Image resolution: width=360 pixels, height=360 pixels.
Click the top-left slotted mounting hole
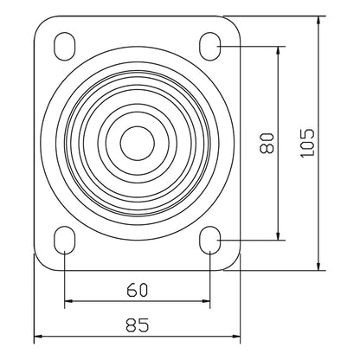(64, 43)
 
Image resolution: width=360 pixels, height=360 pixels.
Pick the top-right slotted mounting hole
(209, 43)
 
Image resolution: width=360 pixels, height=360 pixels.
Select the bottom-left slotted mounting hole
(64, 241)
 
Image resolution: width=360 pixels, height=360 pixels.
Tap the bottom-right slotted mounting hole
(209, 241)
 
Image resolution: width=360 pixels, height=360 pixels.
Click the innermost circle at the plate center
(136, 141)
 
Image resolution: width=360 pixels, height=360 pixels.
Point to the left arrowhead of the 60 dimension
(68, 302)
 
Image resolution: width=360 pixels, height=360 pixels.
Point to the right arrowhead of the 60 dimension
(204, 302)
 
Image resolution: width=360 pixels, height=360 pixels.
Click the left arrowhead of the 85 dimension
(38, 336)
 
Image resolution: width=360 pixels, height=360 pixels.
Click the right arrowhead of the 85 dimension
(234, 336)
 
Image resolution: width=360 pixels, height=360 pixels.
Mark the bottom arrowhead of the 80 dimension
(278, 235)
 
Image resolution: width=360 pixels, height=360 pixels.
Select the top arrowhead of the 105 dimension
(320, 19)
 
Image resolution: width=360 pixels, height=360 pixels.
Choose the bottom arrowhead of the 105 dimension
(320, 265)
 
